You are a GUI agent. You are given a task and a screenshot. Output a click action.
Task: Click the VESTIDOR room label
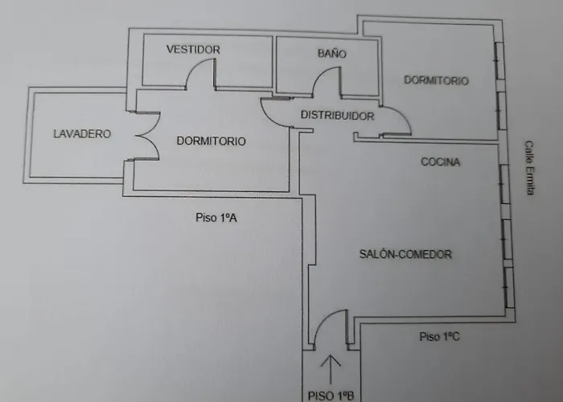(x=193, y=49)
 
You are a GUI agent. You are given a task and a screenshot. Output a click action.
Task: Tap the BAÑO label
(x=331, y=54)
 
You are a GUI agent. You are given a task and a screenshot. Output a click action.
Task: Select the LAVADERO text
(x=82, y=134)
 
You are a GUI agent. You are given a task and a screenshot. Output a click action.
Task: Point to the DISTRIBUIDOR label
(x=338, y=116)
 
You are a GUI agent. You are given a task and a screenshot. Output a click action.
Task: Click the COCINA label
(x=440, y=162)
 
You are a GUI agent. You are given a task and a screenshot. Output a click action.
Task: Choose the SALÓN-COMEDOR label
(x=405, y=254)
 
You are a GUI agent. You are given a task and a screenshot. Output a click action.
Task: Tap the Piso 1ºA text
(x=216, y=218)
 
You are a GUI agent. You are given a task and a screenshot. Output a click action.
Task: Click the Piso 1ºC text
(x=439, y=336)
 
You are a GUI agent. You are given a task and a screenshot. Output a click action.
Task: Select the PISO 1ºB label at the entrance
(x=331, y=396)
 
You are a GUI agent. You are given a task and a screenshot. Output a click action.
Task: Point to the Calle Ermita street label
(x=529, y=167)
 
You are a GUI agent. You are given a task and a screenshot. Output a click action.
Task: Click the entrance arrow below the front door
(x=331, y=370)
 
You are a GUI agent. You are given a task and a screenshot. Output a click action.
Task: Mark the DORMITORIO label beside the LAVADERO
(x=211, y=141)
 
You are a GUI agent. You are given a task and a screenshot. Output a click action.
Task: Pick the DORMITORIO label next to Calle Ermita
(x=436, y=80)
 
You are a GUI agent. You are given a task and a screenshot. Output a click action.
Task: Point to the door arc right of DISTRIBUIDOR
(x=403, y=116)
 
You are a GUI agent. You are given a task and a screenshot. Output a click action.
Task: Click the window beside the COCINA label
(x=504, y=184)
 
